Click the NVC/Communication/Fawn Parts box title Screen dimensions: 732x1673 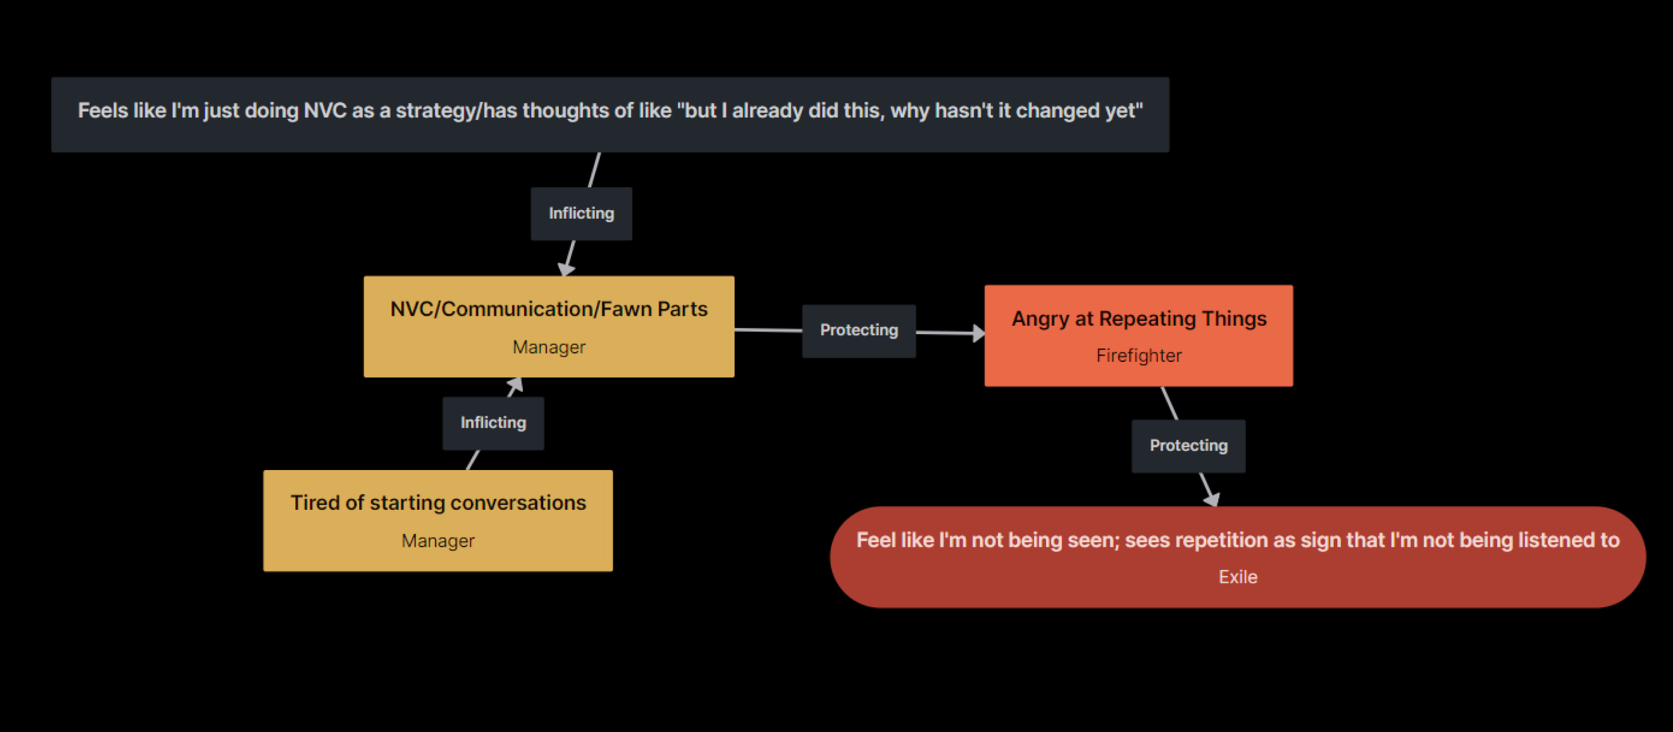[549, 309]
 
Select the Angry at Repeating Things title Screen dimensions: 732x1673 [1139, 319]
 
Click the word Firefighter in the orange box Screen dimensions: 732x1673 [1139, 356]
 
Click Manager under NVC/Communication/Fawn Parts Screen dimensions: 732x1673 [549, 348]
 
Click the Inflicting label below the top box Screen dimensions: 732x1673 [581, 214]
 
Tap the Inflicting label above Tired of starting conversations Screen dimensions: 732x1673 [493, 423]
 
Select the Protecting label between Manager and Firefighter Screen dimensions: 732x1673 [858, 330]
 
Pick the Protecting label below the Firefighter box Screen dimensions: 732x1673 [1188, 445]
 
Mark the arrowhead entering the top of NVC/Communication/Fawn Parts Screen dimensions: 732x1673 [566, 269]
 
